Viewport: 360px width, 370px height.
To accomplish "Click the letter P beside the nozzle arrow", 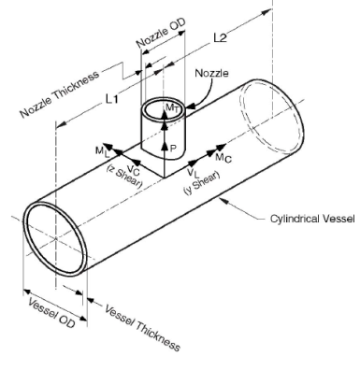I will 174,147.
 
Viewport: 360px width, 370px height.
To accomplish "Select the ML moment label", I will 100,150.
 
